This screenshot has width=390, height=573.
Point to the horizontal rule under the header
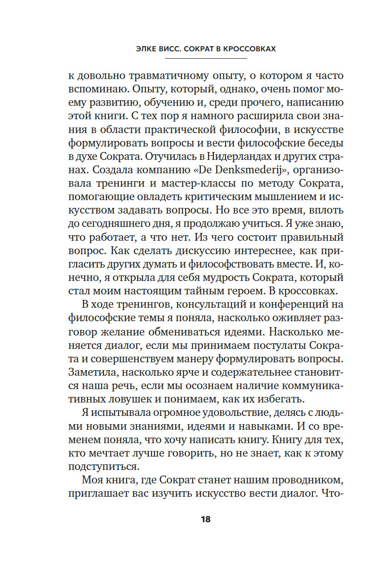195,59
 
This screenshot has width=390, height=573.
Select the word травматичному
161,76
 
